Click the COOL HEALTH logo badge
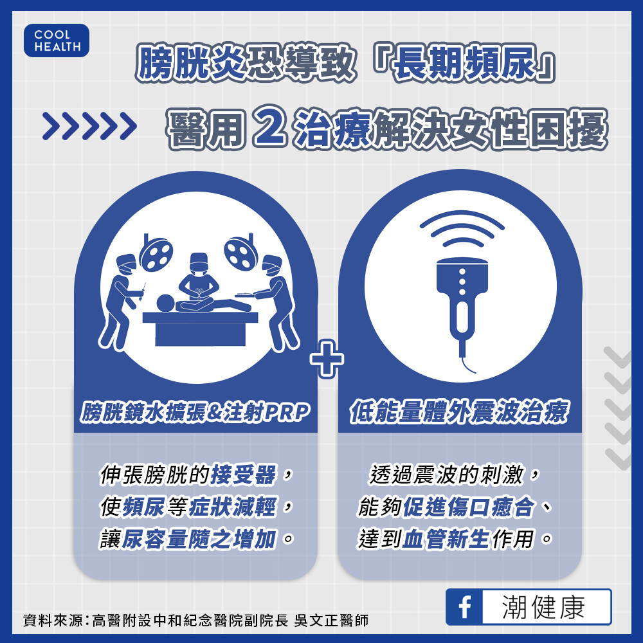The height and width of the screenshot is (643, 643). click(57, 40)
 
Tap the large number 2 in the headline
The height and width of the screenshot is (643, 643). click(269, 126)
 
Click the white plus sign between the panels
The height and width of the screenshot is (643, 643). click(327, 359)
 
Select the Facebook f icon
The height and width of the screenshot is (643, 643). click(464, 607)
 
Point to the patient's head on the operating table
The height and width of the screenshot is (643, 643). click(166, 303)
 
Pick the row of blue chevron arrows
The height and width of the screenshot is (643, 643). click(89, 126)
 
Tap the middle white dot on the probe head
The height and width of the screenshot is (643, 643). click(462, 282)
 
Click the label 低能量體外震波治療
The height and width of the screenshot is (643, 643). click(459, 412)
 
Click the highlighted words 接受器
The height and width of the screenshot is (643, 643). click(244, 475)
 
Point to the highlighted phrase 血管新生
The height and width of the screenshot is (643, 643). click(446, 539)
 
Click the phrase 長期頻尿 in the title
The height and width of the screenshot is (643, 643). click(465, 62)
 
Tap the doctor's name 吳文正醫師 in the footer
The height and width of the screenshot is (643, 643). click(331, 620)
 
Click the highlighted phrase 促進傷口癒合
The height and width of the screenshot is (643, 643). click(469, 507)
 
